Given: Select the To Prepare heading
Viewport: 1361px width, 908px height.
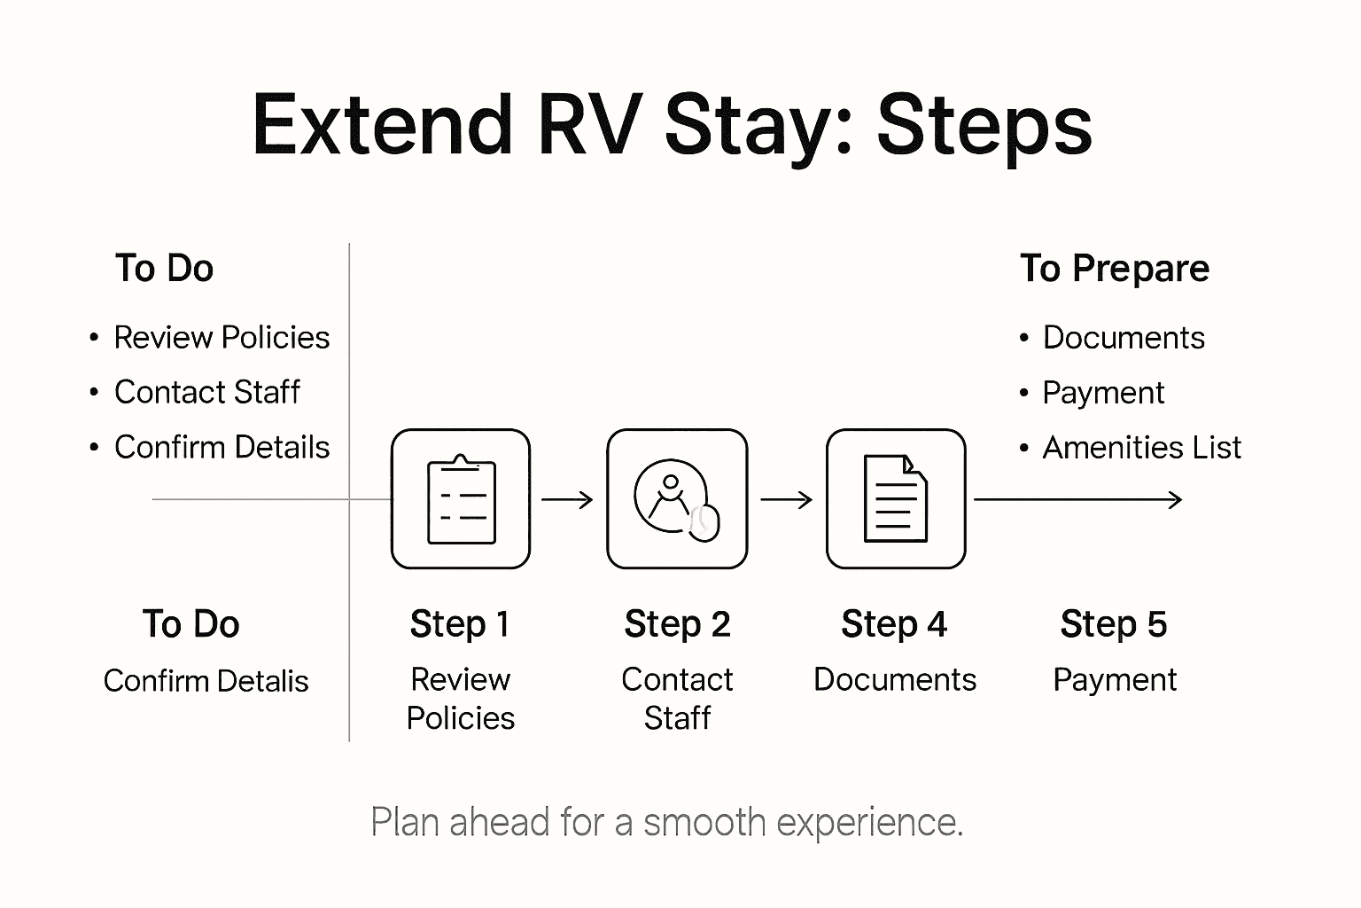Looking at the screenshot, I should pos(1114,269).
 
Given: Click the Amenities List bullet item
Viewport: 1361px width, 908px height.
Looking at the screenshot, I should pos(1141,448).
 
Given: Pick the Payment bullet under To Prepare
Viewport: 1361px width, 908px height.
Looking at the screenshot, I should pos(1102,393).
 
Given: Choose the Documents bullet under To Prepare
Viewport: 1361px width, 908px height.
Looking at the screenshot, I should pos(1123,338).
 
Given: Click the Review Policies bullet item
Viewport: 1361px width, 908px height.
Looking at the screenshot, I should pos(222,338).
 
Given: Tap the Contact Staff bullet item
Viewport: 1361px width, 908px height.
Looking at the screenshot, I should pos(206,393).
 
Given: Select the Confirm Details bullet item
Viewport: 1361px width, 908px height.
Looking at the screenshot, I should pos(222,448).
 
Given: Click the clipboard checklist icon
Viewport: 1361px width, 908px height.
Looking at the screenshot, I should pos(461,499).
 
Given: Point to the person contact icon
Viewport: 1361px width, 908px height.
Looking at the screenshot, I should pos(677,499).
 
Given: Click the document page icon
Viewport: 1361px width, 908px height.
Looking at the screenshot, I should pos(895,499).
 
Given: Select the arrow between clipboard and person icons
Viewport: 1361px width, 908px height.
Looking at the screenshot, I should pos(567,500).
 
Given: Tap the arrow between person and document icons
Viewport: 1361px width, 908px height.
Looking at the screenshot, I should pos(786,500).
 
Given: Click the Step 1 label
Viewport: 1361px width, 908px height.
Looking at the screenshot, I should pos(460,624).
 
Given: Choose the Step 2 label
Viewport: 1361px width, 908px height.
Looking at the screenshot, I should pos(677,624).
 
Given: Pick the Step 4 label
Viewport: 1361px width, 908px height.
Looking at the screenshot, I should pos(893,624).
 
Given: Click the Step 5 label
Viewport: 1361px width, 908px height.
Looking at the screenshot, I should pos(1113,624).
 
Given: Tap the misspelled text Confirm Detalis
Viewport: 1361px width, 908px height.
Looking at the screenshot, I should pos(206,681).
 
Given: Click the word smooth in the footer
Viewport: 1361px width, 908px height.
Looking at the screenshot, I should pos(704,823).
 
